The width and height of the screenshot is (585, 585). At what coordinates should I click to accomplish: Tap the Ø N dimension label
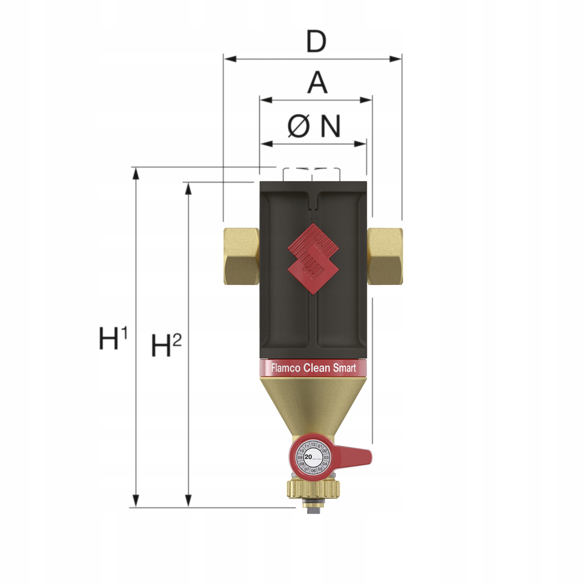click(x=314, y=126)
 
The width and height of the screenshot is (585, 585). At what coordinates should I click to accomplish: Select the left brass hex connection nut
click(x=241, y=256)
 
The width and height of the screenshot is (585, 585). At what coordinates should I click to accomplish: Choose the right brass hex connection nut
click(x=385, y=256)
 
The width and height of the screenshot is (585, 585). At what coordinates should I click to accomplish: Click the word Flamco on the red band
click(x=286, y=368)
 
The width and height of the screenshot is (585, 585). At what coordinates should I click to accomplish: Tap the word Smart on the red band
click(x=344, y=368)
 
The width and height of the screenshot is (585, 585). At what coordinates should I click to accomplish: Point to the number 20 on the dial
click(x=308, y=457)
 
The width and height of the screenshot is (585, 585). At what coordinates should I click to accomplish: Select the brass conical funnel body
click(x=313, y=403)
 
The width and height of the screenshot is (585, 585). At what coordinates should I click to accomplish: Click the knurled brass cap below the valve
click(x=313, y=488)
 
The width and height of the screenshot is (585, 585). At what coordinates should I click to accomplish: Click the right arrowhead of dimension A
click(x=366, y=100)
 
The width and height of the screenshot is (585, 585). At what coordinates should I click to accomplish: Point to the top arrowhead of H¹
click(x=136, y=173)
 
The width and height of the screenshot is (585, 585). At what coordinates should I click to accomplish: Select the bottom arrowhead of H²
click(x=188, y=501)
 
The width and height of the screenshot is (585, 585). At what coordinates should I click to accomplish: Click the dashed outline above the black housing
click(x=311, y=173)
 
